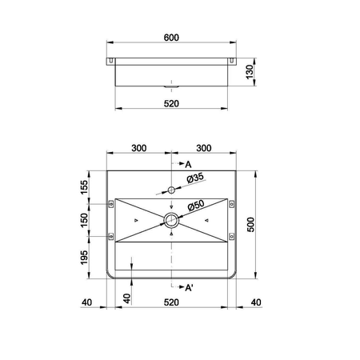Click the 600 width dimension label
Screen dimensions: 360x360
171,38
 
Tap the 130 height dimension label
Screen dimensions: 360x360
250,72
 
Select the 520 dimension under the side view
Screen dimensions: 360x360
171,103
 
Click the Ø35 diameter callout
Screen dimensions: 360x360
195,178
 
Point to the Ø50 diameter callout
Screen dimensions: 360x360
196,205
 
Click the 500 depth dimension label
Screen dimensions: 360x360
251,225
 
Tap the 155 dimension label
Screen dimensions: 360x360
84,187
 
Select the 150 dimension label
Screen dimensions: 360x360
84,220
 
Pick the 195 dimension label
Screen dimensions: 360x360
84,258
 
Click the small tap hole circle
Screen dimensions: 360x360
171,190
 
